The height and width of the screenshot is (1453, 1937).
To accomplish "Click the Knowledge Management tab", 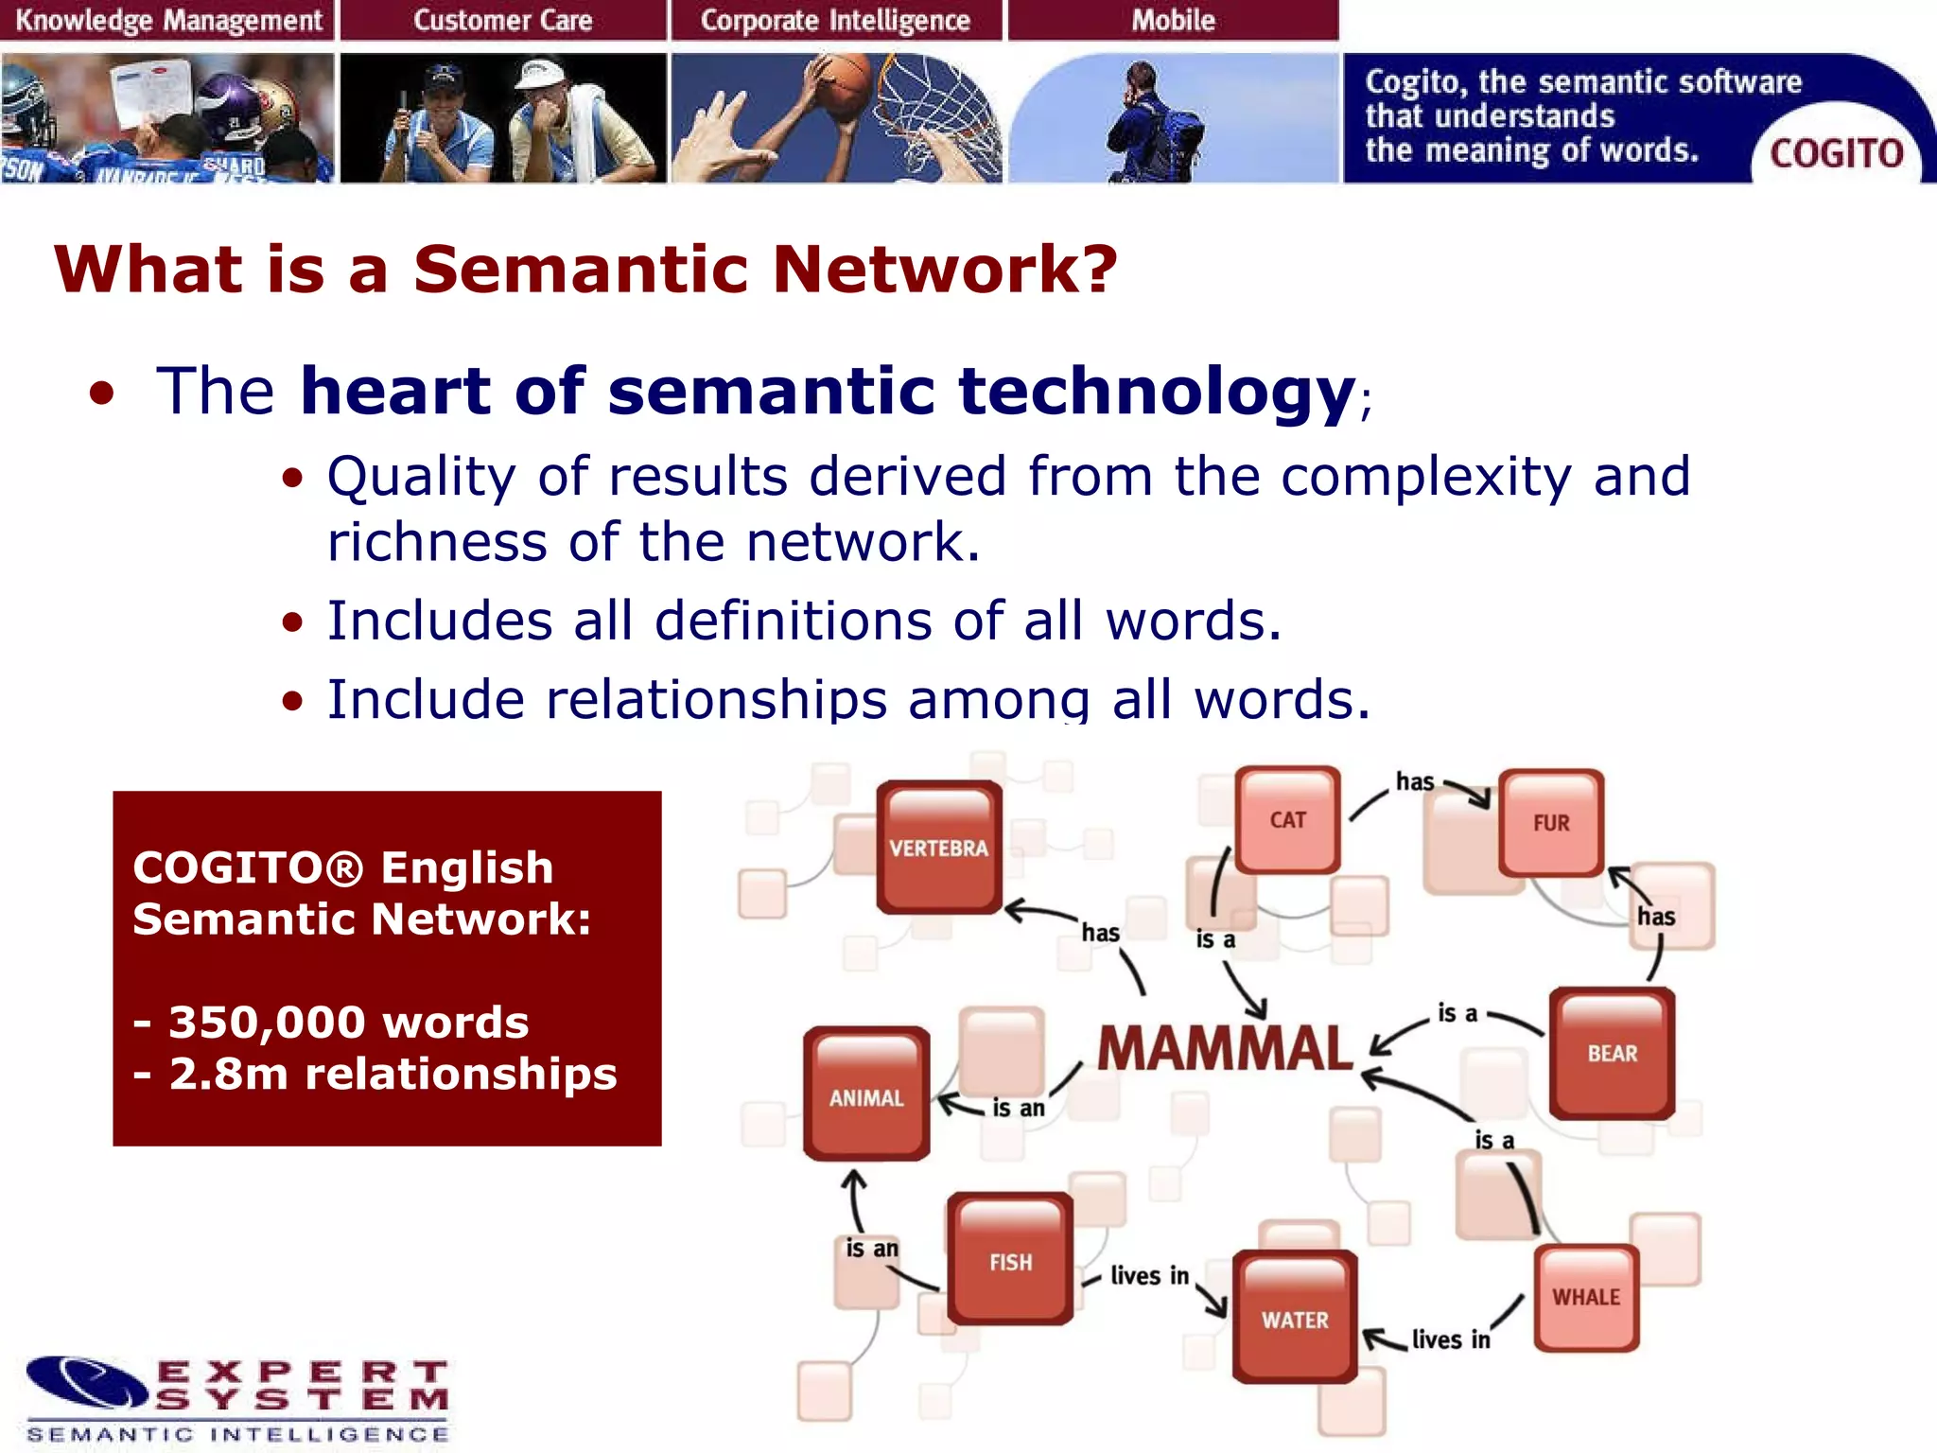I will pyautogui.click(x=167, y=20).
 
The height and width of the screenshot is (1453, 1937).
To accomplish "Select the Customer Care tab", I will pyautogui.click(x=502, y=20).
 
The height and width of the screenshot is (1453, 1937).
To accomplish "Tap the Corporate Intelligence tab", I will pyautogui.click(x=835, y=20).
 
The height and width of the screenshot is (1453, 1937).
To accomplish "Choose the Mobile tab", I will pyautogui.click(x=1173, y=20).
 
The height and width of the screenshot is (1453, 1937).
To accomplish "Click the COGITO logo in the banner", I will pyautogui.click(x=1835, y=153).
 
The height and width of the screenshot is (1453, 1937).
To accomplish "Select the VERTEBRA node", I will pyautogui.click(x=938, y=847).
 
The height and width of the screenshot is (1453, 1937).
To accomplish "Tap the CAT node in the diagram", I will pyautogui.click(x=1287, y=819).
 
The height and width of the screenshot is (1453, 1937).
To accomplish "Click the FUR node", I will pyautogui.click(x=1550, y=822).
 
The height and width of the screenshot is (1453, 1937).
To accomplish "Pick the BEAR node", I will pyautogui.click(x=1612, y=1053).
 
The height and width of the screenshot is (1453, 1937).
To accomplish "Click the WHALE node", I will pyautogui.click(x=1586, y=1297).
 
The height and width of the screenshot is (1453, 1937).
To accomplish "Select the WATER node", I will pyautogui.click(x=1295, y=1319).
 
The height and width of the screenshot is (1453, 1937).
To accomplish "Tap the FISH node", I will pyautogui.click(x=1010, y=1261).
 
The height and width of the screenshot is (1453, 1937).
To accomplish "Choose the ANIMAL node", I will pyautogui.click(x=866, y=1096).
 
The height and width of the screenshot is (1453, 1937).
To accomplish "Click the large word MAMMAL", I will pyautogui.click(x=1225, y=1049).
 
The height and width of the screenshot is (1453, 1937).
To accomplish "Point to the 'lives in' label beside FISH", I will pyautogui.click(x=1149, y=1276).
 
